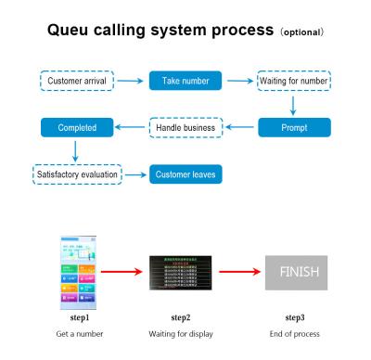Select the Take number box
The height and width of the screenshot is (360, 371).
pos(186,83)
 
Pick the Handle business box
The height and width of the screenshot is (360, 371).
pos(186,125)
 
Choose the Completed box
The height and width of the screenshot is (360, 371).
pos(77,125)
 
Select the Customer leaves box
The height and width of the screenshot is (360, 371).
pos(186,173)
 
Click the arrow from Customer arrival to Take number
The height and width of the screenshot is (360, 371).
pos(132,83)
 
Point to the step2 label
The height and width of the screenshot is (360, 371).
pos(186,318)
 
